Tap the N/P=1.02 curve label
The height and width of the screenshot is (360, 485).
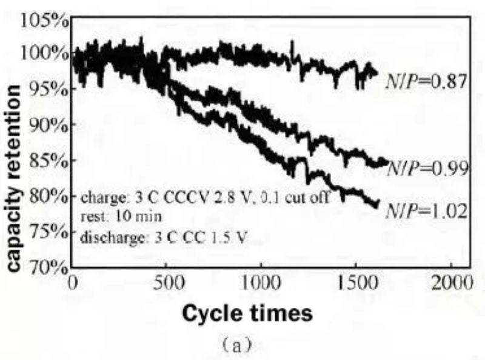(x=427, y=212)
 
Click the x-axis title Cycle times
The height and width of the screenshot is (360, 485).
(x=248, y=313)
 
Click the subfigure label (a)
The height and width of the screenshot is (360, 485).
(x=242, y=345)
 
